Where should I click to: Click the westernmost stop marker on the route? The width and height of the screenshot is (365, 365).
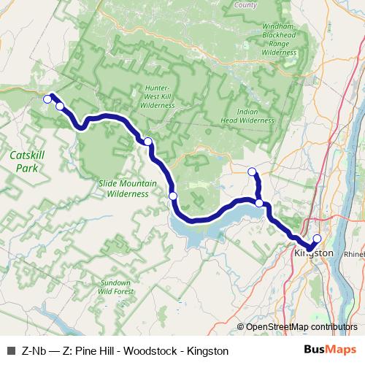pos(47,99)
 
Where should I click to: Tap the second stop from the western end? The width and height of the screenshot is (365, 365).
pos(60,107)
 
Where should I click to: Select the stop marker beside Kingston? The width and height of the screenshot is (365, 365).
pos(318,238)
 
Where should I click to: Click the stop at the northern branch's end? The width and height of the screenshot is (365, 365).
pos(253,172)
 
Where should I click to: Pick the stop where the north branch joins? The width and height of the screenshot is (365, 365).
pos(259,203)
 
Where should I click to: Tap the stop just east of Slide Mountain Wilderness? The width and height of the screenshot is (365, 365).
pos(173,195)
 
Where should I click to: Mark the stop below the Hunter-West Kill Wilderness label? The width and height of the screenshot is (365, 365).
pos(147,141)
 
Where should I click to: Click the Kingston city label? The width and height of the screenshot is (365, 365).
pos(312,253)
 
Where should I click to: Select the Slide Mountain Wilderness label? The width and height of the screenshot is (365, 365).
pos(123,189)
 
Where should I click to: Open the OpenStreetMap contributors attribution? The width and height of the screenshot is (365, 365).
pos(301,327)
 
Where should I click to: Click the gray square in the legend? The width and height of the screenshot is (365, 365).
pos(10,351)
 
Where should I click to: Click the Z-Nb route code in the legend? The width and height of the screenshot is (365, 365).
pos(34,351)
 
